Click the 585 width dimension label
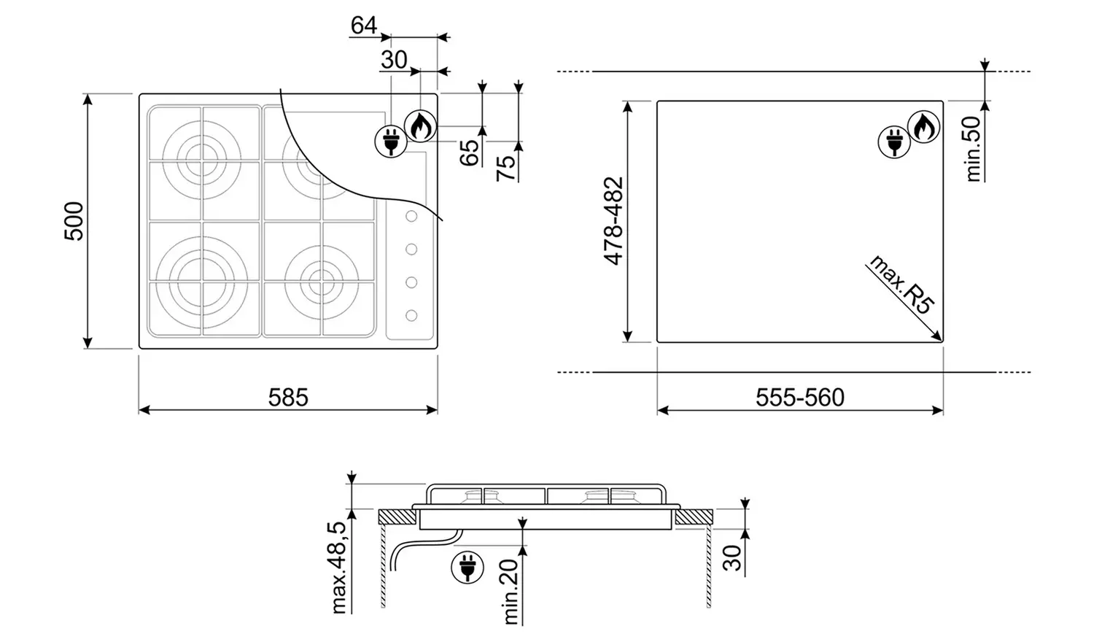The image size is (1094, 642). [288, 398]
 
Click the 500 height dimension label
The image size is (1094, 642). [74, 221]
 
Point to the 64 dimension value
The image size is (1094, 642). [363, 25]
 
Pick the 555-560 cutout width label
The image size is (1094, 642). [799, 398]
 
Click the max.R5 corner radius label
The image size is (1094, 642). [901, 285]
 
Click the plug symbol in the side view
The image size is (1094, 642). [468, 568]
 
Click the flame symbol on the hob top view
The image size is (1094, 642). [420, 126]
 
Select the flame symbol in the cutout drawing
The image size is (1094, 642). [923, 128]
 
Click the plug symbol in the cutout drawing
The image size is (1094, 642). [893, 142]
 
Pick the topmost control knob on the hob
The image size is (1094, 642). [411, 217]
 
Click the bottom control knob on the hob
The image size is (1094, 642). [411, 315]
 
